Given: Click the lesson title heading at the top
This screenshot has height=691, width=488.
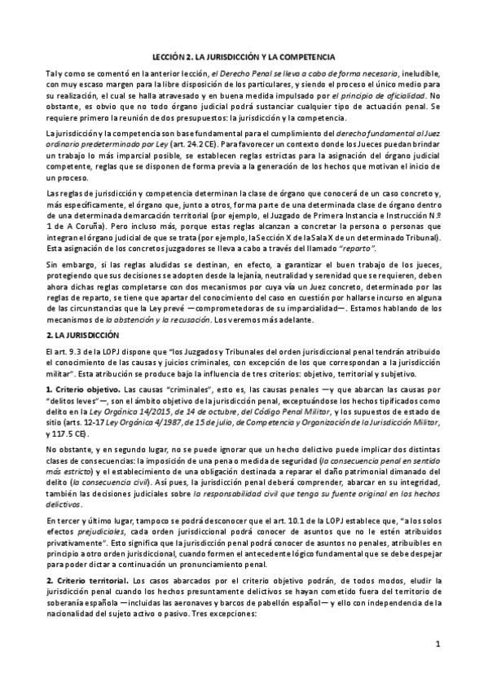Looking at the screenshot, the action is coord(244,57).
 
